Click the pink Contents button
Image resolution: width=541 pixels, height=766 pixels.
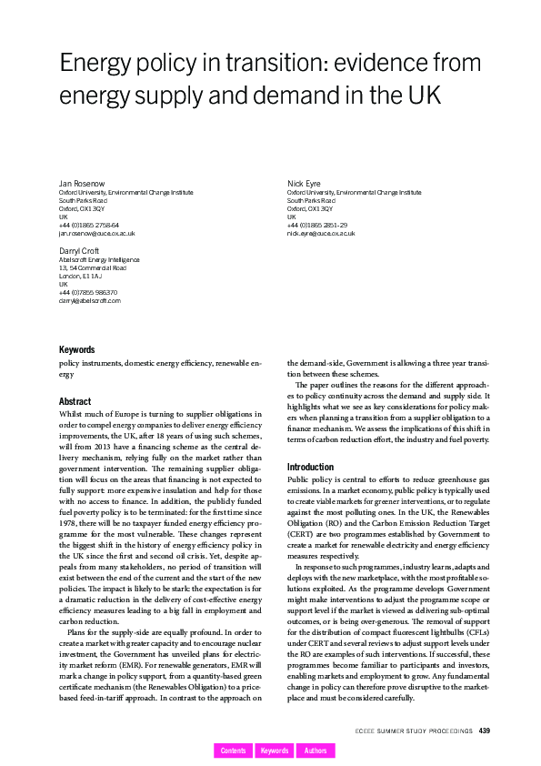pyautogui.click(x=233, y=751)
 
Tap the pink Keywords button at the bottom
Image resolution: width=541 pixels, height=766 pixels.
pyautogui.click(x=275, y=751)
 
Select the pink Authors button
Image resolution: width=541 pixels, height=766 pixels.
pyautogui.click(x=316, y=751)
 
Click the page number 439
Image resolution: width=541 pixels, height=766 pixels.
pyautogui.click(x=485, y=730)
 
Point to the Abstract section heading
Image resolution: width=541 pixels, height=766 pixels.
pyautogui.click(x=75, y=401)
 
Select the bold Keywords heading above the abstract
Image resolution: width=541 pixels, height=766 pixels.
pyautogui.click(x=76, y=349)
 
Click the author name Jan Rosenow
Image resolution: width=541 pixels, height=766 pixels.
pyautogui.click(x=79, y=184)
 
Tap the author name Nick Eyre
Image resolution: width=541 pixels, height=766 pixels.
pyautogui.click(x=304, y=184)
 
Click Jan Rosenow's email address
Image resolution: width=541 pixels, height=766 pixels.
pyautogui.click(x=96, y=234)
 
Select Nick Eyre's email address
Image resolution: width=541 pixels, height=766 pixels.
pyautogui.click(x=321, y=234)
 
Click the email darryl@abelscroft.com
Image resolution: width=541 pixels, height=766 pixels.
pyautogui.click(x=89, y=300)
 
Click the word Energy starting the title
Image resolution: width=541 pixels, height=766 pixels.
pyautogui.click(x=96, y=64)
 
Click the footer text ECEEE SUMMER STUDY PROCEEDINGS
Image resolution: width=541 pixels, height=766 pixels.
pyautogui.click(x=414, y=730)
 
